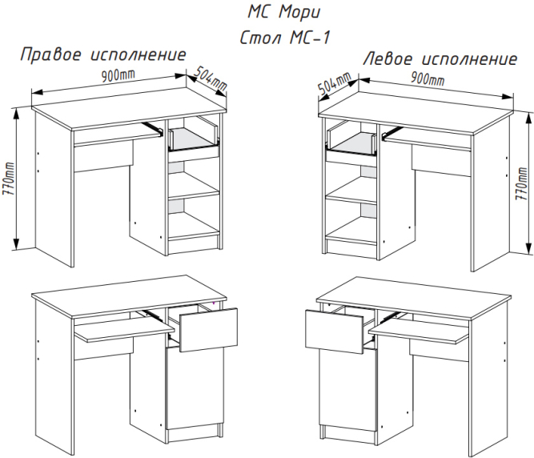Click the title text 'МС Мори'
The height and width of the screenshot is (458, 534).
click(x=283, y=13)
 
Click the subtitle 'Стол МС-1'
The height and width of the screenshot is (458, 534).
click(x=285, y=37)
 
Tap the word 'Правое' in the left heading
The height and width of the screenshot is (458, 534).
click(x=51, y=54)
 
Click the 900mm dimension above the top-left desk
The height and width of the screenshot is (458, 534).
click(x=118, y=75)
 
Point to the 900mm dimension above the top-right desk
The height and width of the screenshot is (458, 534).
click(x=428, y=79)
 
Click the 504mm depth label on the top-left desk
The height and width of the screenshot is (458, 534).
click(x=211, y=79)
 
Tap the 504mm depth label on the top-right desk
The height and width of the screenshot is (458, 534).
click(x=335, y=84)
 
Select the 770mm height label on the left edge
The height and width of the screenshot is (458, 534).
click(x=8, y=179)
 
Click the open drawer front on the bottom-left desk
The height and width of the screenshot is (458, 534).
click(x=208, y=330)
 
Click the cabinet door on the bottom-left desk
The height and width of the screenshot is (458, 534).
click(x=195, y=387)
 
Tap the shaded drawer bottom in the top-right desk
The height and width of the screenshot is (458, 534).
click(x=351, y=143)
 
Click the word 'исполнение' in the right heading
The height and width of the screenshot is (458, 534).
click(x=470, y=59)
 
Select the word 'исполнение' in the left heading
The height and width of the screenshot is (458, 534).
click(x=139, y=54)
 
